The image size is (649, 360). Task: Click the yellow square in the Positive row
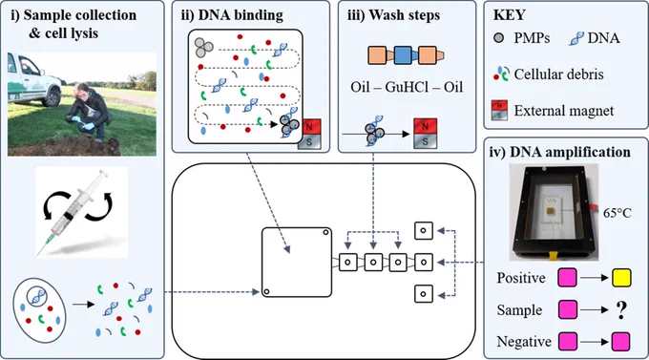[621, 278]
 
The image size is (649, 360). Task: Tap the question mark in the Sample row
[621, 310]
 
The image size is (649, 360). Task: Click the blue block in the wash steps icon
[403, 55]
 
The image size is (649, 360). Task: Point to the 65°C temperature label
[618, 213]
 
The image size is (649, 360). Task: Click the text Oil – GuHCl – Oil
[407, 87]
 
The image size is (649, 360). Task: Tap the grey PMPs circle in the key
[499, 38]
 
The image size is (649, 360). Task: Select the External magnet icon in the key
[499, 110]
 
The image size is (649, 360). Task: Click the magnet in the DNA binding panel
[309, 134]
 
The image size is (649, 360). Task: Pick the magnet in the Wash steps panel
[425, 134]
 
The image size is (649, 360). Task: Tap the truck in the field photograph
[34, 82]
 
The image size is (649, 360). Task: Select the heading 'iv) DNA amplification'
[559, 152]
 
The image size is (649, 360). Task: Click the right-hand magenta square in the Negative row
[620, 341]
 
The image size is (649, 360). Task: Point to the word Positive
[521, 278]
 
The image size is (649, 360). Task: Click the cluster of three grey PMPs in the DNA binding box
[203, 47]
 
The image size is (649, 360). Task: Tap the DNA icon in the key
[576, 38]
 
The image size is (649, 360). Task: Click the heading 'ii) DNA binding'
[232, 15]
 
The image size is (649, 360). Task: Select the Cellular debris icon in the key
[501, 74]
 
